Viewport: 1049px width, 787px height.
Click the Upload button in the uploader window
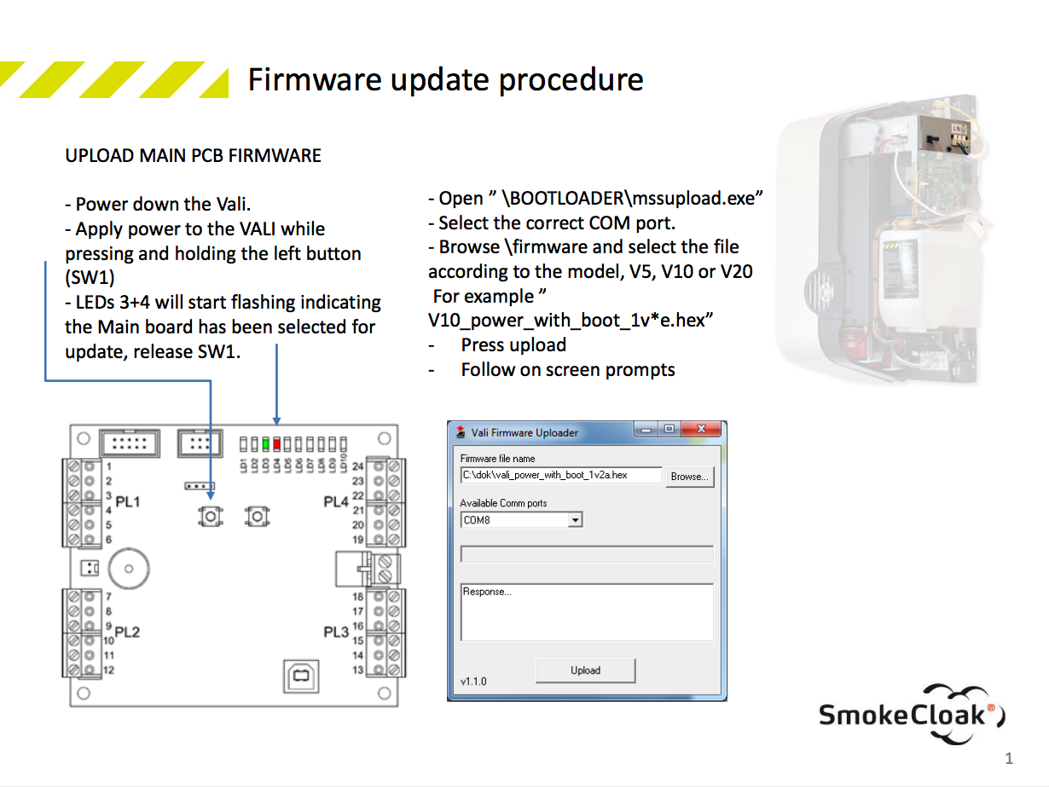[585, 670]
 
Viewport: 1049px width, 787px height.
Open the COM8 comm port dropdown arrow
[576, 520]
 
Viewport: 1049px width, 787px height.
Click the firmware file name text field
[561, 475]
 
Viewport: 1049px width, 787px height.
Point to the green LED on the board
[266, 444]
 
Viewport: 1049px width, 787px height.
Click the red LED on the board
[276, 444]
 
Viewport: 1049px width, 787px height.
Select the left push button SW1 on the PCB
[210, 516]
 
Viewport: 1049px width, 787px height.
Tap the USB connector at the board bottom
[299, 676]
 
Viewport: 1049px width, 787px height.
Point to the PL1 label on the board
[127, 501]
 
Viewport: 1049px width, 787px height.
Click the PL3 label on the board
[336, 632]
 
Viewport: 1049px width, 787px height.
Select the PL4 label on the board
[336, 501]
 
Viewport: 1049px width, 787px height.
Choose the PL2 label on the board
[127, 632]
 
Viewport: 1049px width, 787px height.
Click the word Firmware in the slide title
[314, 79]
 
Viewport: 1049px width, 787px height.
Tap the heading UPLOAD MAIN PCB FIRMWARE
[194, 156]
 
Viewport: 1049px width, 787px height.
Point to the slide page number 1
[1009, 758]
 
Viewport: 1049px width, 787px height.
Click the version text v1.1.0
[473, 682]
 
